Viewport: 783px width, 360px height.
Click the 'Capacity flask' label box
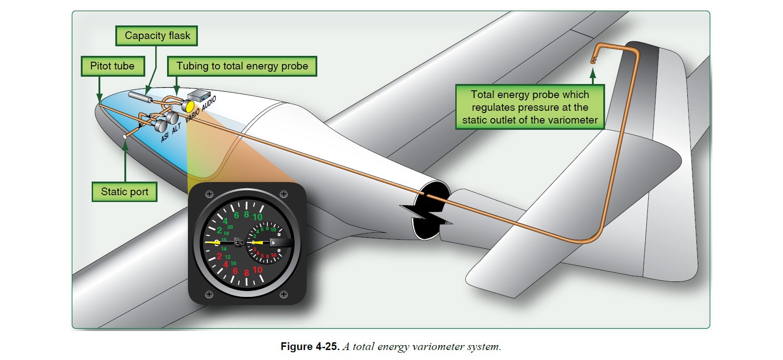pyautogui.click(x=157, y=36)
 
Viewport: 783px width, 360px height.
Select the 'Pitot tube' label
pyautogui.click(x=113, y=66)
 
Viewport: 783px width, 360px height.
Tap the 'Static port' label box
pyautogui.click(x=124, y=192)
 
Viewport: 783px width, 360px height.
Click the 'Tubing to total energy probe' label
pyautogui.click(x=242, y=66)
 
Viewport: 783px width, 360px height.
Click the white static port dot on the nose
pyautogui.click(x=125, y=136)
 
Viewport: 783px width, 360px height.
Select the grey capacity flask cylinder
pyautogui.click(x=140, y=97)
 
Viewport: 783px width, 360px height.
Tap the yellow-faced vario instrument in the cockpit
pyautogui.click(x=187, y=106)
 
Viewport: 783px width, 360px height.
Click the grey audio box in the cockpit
pyautogui.click(x=199, y=95)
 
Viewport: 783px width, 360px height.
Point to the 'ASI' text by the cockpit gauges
pyautogui.click(x=165, y=136)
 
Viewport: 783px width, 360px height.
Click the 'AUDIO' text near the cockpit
pyautogui.click(x=209, y=104)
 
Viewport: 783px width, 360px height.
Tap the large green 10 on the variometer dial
pyautogui.click(x=257, y=217)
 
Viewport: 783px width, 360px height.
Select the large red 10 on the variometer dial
pyautogui.click(x=257, y=270)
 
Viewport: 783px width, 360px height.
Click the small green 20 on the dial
pyautogui.click(x=230, y=227)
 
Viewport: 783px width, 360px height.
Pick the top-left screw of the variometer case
pyautogui.click(x=209, y=194)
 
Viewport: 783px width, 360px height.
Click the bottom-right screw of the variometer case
pyautogui.click(x=284, y=295)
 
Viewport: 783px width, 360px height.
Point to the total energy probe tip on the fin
pyautogui.click(x=593, y=60)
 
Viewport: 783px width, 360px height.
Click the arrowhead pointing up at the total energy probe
pyautogui.click(x=593, y=73)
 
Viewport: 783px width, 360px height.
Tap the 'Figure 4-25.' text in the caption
pyautogui.click(x=310, y=347)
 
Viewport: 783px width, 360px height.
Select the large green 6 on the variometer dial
pyautogui.click(x=236, y=216)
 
